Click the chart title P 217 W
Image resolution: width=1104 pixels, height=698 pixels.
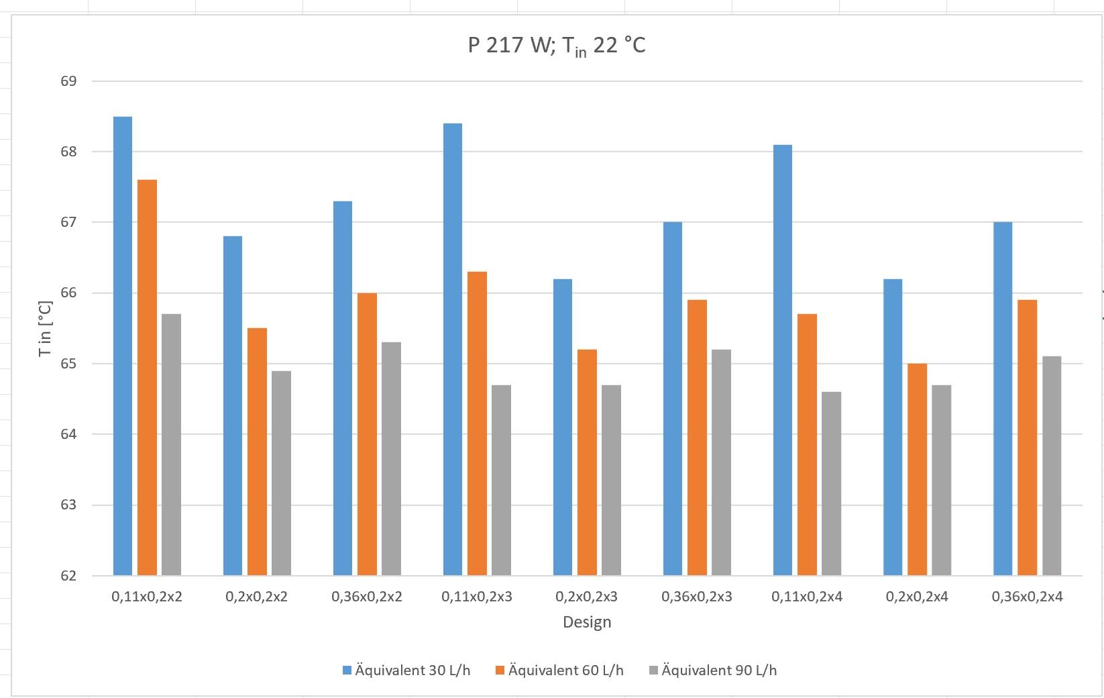coord(557,46)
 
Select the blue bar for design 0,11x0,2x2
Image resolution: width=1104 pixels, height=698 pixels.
coord(123,346)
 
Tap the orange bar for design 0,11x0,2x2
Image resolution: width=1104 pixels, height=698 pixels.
coord(147,377)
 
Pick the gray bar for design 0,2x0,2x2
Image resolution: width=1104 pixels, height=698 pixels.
coord(281,473)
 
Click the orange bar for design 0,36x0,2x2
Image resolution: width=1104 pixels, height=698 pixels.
coord(367,434)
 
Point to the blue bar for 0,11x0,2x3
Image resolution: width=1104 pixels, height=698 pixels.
coord(453,349)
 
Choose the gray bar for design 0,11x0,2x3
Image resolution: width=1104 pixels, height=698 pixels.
coord(501,480)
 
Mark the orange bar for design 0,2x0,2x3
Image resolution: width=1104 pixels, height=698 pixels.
coord(587,462)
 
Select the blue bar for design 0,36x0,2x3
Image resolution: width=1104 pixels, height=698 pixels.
coord(673,399)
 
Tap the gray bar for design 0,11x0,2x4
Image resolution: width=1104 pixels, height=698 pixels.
coord(831,483)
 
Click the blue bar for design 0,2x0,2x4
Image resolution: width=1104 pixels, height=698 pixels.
coord(893,427)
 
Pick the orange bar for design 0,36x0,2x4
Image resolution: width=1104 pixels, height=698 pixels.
coord(1027,438)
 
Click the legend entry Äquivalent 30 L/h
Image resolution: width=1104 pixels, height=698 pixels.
coord(406,670)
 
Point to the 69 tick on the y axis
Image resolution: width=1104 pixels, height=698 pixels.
coord(69,81)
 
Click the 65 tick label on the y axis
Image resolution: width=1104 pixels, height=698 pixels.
coord(69,364)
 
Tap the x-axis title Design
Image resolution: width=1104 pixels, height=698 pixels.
coord(587,621)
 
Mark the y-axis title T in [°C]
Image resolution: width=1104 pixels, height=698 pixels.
coord(45,328)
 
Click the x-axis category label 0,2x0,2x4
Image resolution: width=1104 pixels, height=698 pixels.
coord(917,596)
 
